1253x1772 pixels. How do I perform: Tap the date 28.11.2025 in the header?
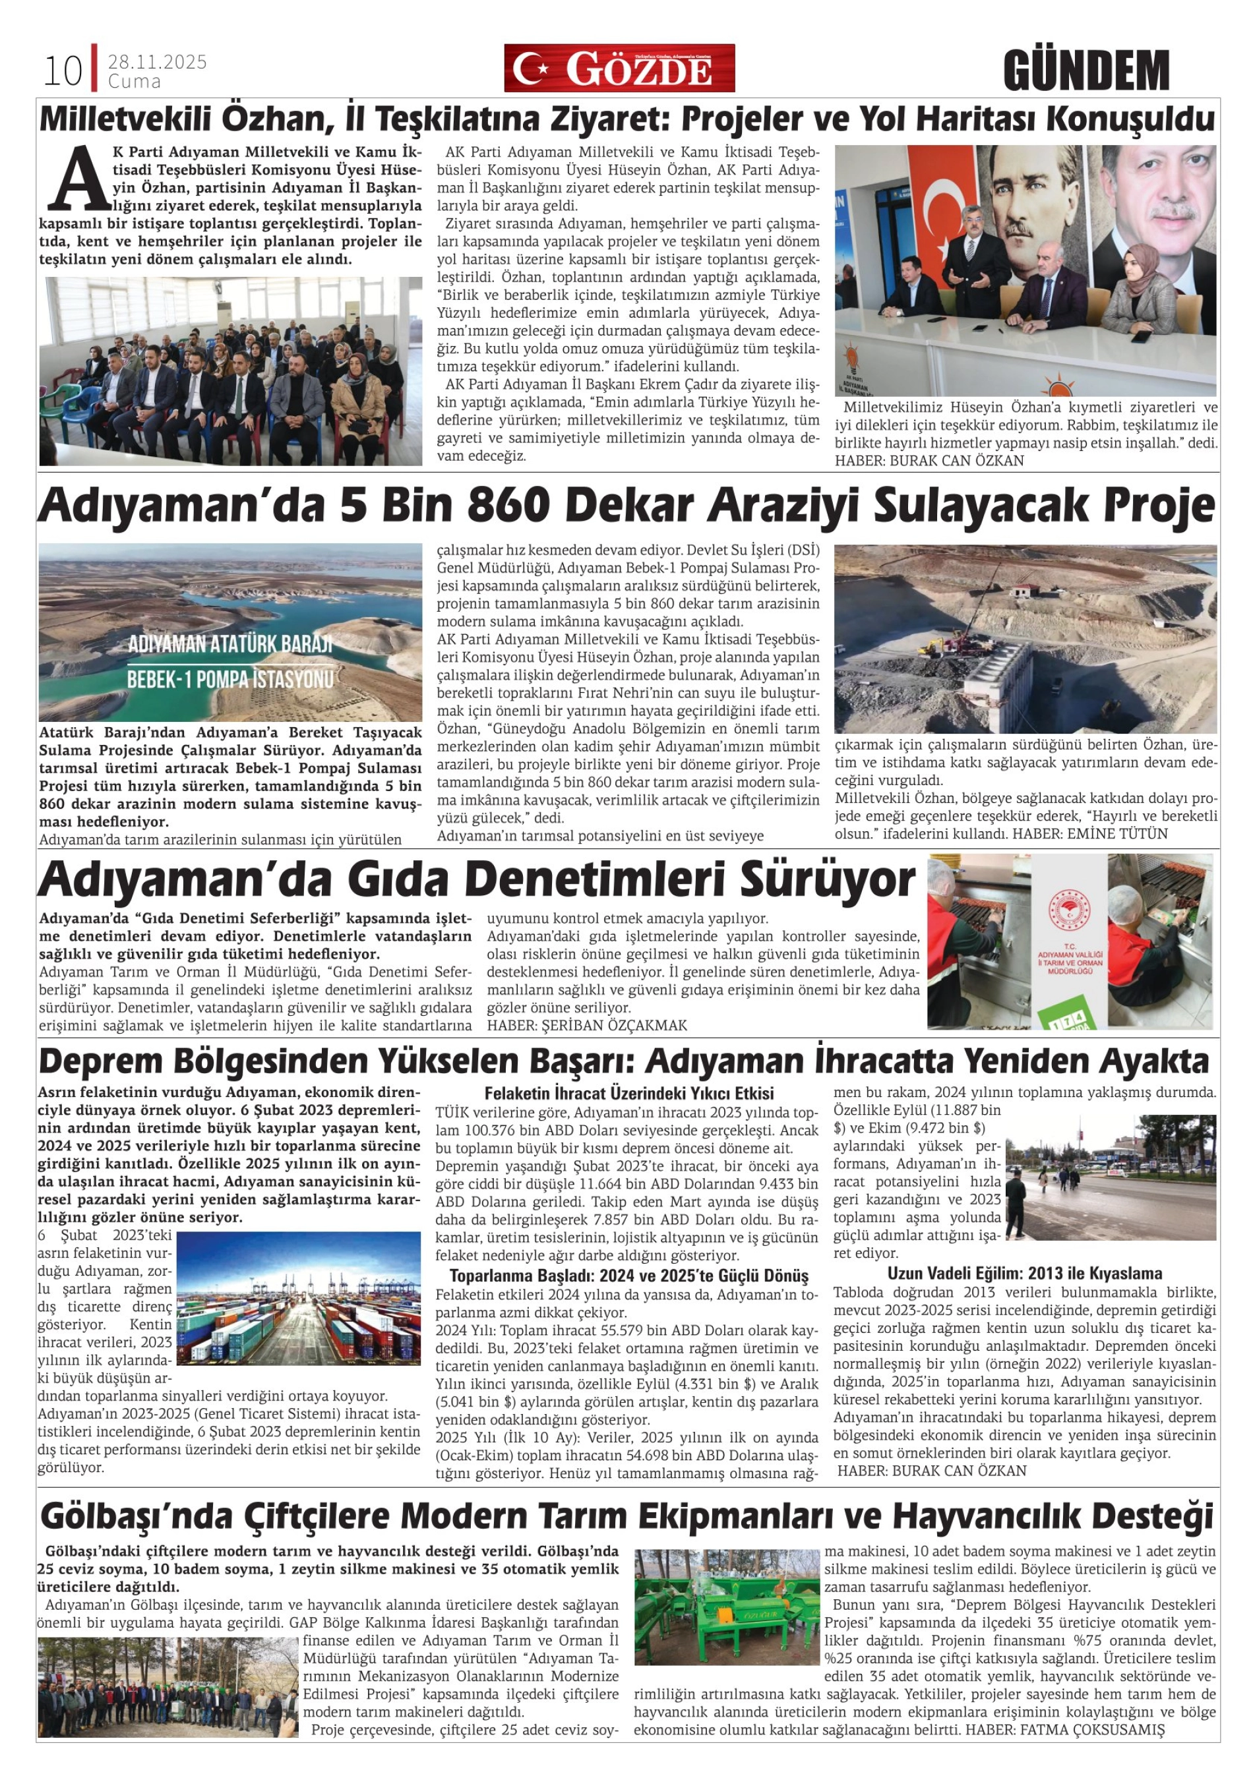click(x=157, y=62)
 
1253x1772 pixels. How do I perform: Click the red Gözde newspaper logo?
click(x=619, y=68)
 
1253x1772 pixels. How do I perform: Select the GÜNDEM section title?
click(x=1085, y=71)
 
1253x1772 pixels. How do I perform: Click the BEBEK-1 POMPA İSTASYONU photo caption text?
click(x=229, y=679)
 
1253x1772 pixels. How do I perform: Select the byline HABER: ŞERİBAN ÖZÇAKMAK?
click(x=587, y=1025)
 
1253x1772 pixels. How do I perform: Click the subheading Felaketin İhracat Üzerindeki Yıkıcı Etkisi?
click(x=628, y=1093)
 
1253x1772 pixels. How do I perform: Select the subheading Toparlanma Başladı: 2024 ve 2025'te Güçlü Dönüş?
click(x=628, y=1275)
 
